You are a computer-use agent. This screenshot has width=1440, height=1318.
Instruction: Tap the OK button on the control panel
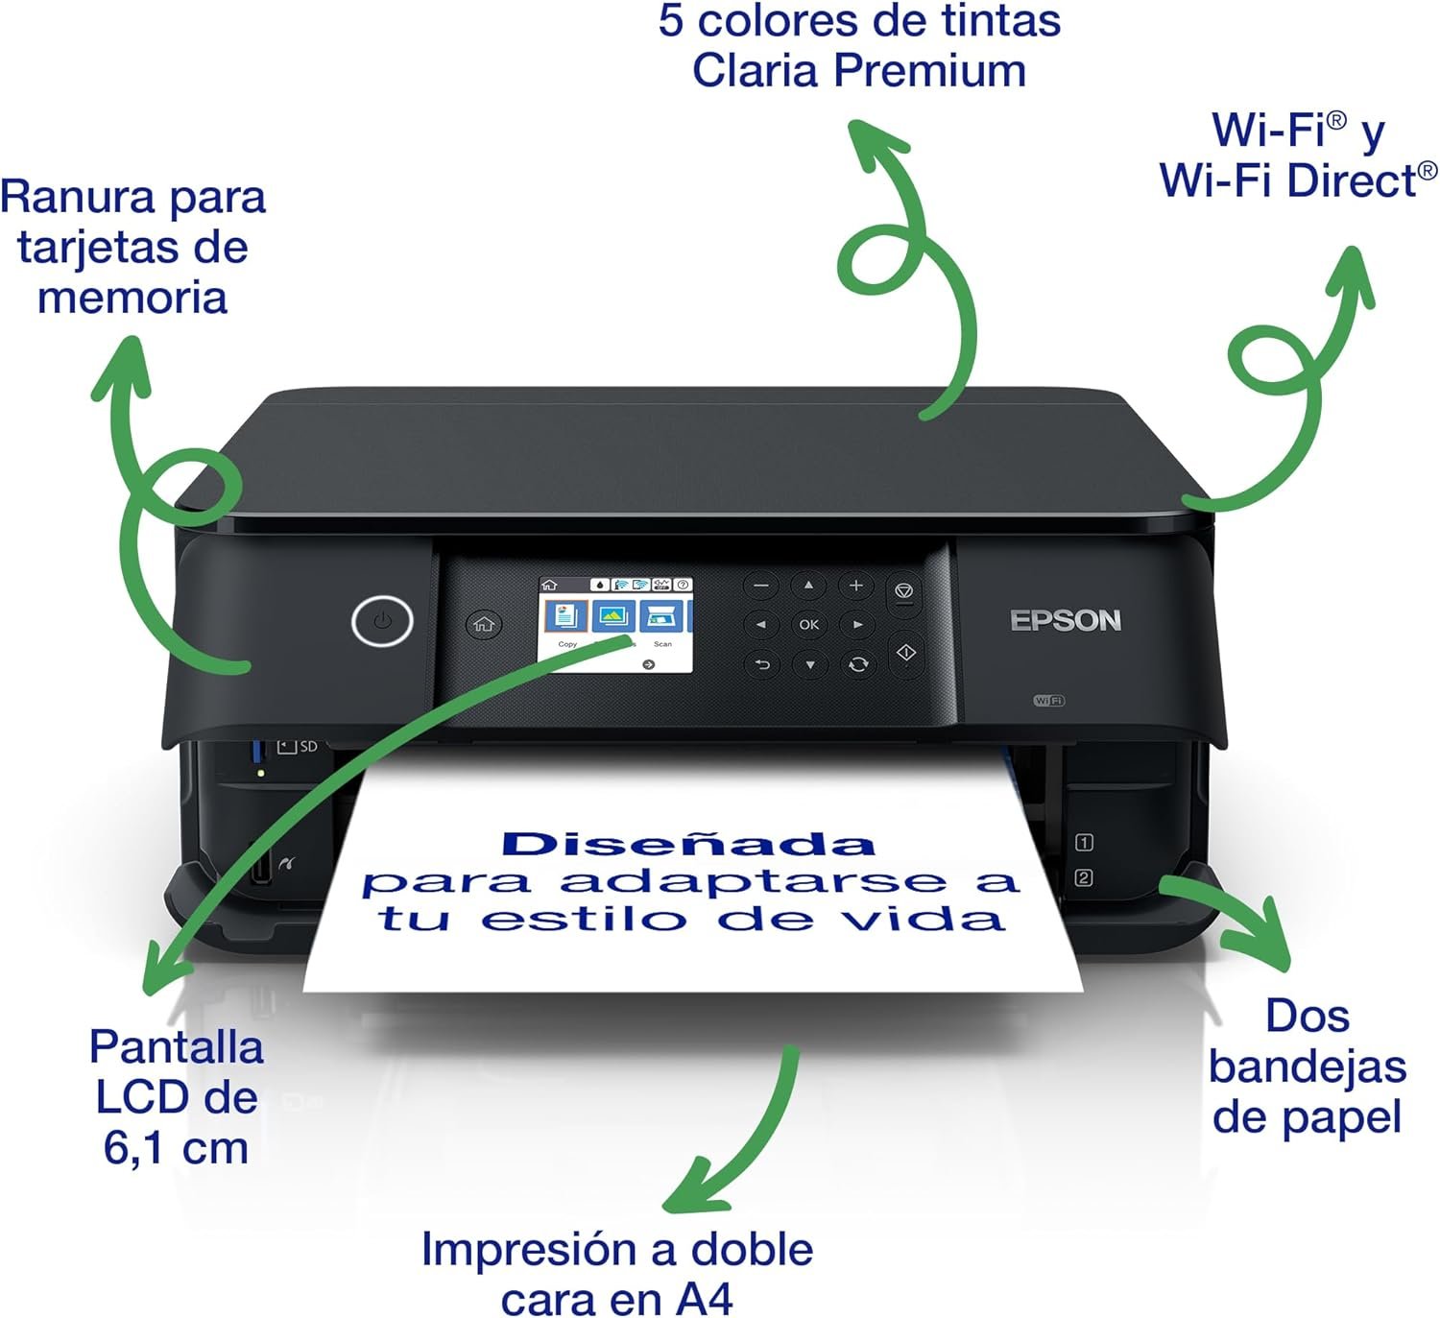pos(809,625)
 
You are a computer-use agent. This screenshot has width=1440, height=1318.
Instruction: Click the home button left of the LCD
pos(483,624)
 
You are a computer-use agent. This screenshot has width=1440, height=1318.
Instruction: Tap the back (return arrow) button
pos(761,664)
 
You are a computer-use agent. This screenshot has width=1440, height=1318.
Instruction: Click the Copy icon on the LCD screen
pos(566,616)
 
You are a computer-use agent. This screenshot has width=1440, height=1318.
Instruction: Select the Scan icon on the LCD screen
pos(661,616)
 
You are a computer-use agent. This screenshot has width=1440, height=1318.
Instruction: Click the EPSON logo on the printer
pos(1066,621)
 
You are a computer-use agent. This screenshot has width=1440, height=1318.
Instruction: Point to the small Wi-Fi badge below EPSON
pos(1048,700)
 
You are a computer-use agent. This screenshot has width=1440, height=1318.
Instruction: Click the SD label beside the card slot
pos(309,747)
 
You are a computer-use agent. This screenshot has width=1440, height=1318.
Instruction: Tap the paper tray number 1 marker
pos(1084,842)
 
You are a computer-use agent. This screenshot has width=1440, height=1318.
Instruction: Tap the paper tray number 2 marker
pos(1083,878)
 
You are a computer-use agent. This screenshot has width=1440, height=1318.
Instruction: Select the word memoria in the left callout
pos(132,298)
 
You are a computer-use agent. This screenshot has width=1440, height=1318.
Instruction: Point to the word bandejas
pos(1308,1067)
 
